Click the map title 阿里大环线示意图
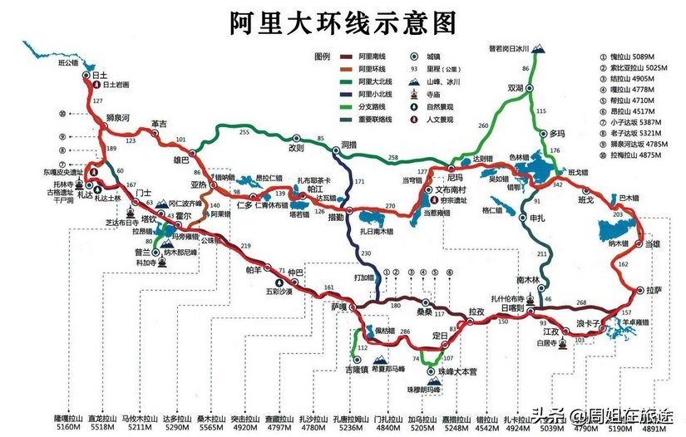click(343, 22)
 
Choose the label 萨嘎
click(338, 306)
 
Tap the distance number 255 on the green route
click(244, 132)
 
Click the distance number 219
click(245, 247)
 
